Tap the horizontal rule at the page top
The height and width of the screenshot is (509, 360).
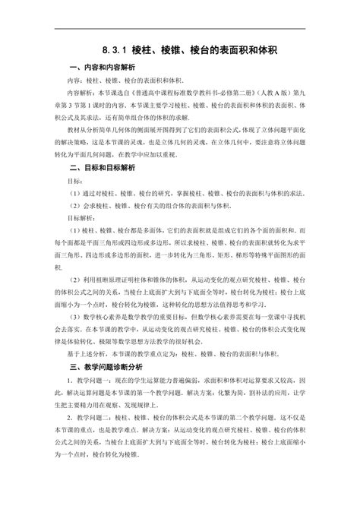(x=180, y=29)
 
